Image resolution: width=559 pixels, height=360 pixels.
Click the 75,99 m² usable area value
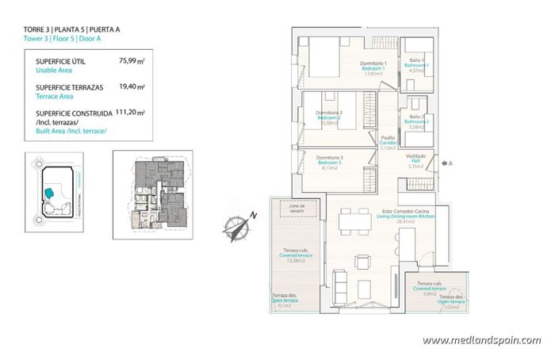click(x=131, y=59)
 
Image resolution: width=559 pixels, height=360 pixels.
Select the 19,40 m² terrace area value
click(x=131, y=86)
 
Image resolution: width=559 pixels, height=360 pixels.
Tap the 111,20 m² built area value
click(x=130, y=113)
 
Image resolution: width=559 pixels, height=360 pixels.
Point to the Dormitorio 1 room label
click(x=373, y=63)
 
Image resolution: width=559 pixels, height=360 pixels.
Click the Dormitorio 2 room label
click(x=329, y=113)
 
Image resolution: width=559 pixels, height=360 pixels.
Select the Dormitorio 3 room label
click(x=328, y=157)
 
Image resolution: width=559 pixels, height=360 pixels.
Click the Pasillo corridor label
click(x=388, y=138)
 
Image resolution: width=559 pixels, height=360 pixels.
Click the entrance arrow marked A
click(x=445, y=164)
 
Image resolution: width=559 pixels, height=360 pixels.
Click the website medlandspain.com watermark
click(x=482, y=340)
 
